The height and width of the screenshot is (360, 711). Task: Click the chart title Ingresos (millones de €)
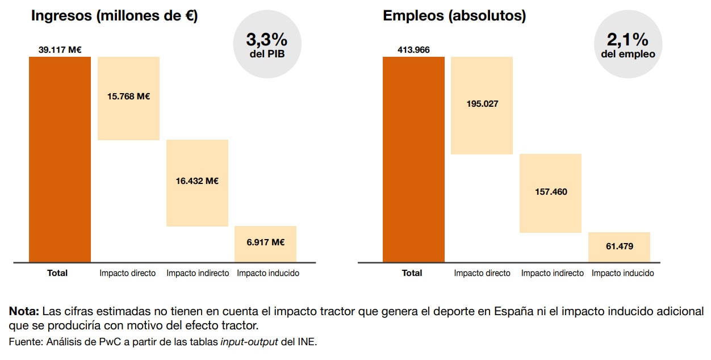click(x=114, y=16)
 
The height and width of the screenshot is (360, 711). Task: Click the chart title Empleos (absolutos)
click(x=454, y=16)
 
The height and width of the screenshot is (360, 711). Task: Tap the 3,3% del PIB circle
click(x=267, y=45)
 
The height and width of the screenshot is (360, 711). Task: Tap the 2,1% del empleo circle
click(x=628, y=45)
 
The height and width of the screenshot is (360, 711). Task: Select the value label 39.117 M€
click(x=60, y=50)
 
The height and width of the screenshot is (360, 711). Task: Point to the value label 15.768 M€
click(x=128, y=97)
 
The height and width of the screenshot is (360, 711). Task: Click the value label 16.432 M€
click(x=197, y=181)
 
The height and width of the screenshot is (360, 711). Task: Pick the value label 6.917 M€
click(x=265, y=242)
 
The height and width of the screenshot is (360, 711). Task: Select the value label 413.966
click(x=413, y=50)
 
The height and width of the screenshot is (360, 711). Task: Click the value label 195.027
click(x=482, y=104)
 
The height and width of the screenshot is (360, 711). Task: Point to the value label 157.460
click(x=550, y=192)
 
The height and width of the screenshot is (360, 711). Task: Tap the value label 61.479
click(x=619, y=246)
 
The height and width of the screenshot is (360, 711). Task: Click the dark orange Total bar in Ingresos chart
click(x=60, y=159)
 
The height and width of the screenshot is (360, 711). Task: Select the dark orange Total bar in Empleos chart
click(x=413, y=159)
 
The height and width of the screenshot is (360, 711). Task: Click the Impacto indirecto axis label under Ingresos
click(x=198, y=273)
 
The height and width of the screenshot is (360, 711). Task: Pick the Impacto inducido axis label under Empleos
click(x=622, y=273)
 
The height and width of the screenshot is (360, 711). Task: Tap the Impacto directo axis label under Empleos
click(x=482, y=273)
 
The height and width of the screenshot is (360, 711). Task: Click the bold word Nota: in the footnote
click(x=23, y=312)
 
